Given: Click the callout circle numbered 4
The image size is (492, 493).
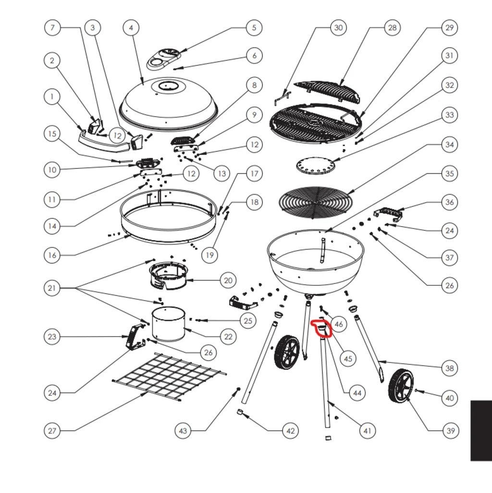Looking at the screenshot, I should pos(131,28).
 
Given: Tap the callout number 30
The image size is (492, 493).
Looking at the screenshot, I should pos(338,28).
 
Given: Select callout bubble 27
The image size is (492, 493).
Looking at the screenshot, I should pos(52,430).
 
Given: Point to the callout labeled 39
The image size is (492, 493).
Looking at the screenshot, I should pos(450,430).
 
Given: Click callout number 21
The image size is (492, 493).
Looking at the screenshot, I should pos(52,288).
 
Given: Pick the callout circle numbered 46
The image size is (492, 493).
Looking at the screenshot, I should pos(339,324).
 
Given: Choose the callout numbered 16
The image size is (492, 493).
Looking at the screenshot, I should pos(52,255).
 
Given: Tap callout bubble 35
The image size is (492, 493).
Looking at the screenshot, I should pos(449,173).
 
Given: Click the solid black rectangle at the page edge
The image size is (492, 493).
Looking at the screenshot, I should pos(481,430).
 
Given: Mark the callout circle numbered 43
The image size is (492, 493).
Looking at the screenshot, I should pos(183,430).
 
